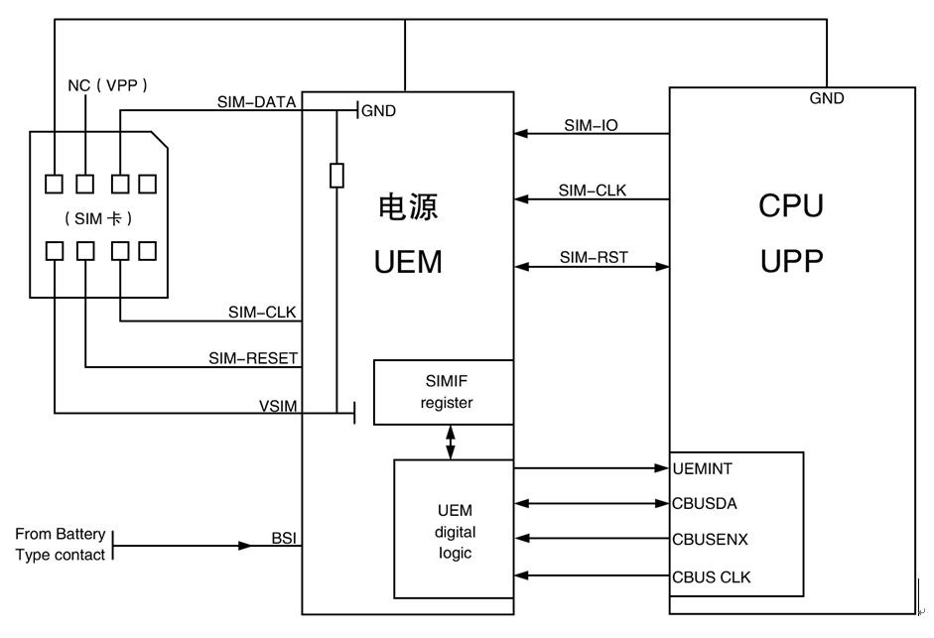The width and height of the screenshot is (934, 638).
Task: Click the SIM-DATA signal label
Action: coord(256,101)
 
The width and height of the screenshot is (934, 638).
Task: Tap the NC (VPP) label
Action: coord(107,85)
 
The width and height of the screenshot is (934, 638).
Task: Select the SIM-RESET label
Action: coord(253,358)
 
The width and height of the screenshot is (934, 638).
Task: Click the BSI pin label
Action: coord(284,538)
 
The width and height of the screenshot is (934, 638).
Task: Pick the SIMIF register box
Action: coord(444,393)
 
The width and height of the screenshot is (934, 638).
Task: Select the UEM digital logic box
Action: coord(454,531)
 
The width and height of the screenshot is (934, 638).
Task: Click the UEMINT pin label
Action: coord(703,467)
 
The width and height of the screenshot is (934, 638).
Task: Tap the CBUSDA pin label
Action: coord(705,503)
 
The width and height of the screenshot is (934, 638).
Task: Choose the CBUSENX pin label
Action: coord(711,540)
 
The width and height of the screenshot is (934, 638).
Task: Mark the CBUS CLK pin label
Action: coord(712,576)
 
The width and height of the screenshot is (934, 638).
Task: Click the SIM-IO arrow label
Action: coord(592,125)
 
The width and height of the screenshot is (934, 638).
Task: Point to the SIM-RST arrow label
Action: coord(594,257)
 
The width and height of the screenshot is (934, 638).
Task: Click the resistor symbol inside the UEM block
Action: coord(337,176)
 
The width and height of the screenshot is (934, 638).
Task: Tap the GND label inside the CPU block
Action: coord(827,98)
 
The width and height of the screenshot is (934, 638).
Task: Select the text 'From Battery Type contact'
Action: coord(60,545)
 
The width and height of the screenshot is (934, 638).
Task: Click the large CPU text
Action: coord(791,206)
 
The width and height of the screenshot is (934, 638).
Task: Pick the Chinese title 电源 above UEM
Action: coord(408,207)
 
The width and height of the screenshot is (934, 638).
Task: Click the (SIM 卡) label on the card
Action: coord(97,218)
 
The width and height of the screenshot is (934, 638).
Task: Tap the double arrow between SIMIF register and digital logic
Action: coord(452,443)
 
